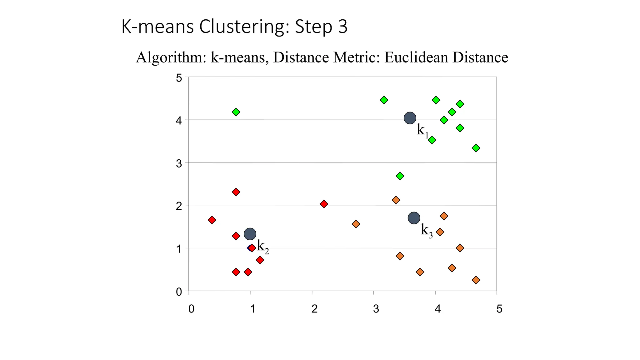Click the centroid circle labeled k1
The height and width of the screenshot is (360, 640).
[410, 118]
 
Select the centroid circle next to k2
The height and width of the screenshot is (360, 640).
[250, 233]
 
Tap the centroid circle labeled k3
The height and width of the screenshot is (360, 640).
[414, 218]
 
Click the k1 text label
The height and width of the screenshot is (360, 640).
[422, 130]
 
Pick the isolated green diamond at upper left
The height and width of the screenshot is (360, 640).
[236, 112]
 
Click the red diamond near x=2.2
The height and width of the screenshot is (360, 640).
[324, 204]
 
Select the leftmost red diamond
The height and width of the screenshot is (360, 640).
[212, 220]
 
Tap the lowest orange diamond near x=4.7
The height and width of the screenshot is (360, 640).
[476, 280]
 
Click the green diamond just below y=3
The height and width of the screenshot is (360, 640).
[400, 176]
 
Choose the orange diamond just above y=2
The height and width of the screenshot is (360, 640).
[396, 200]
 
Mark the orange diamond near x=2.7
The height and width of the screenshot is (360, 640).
[356, 224]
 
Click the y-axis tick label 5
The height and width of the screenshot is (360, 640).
[179, 78]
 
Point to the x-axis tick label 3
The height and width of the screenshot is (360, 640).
[376, 309]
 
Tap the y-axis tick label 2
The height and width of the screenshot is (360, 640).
[179, 206]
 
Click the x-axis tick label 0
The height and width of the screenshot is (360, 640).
[191, 309]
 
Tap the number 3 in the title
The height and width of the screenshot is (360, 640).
[342, 27]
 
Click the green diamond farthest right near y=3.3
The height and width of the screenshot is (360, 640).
[476, 148]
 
